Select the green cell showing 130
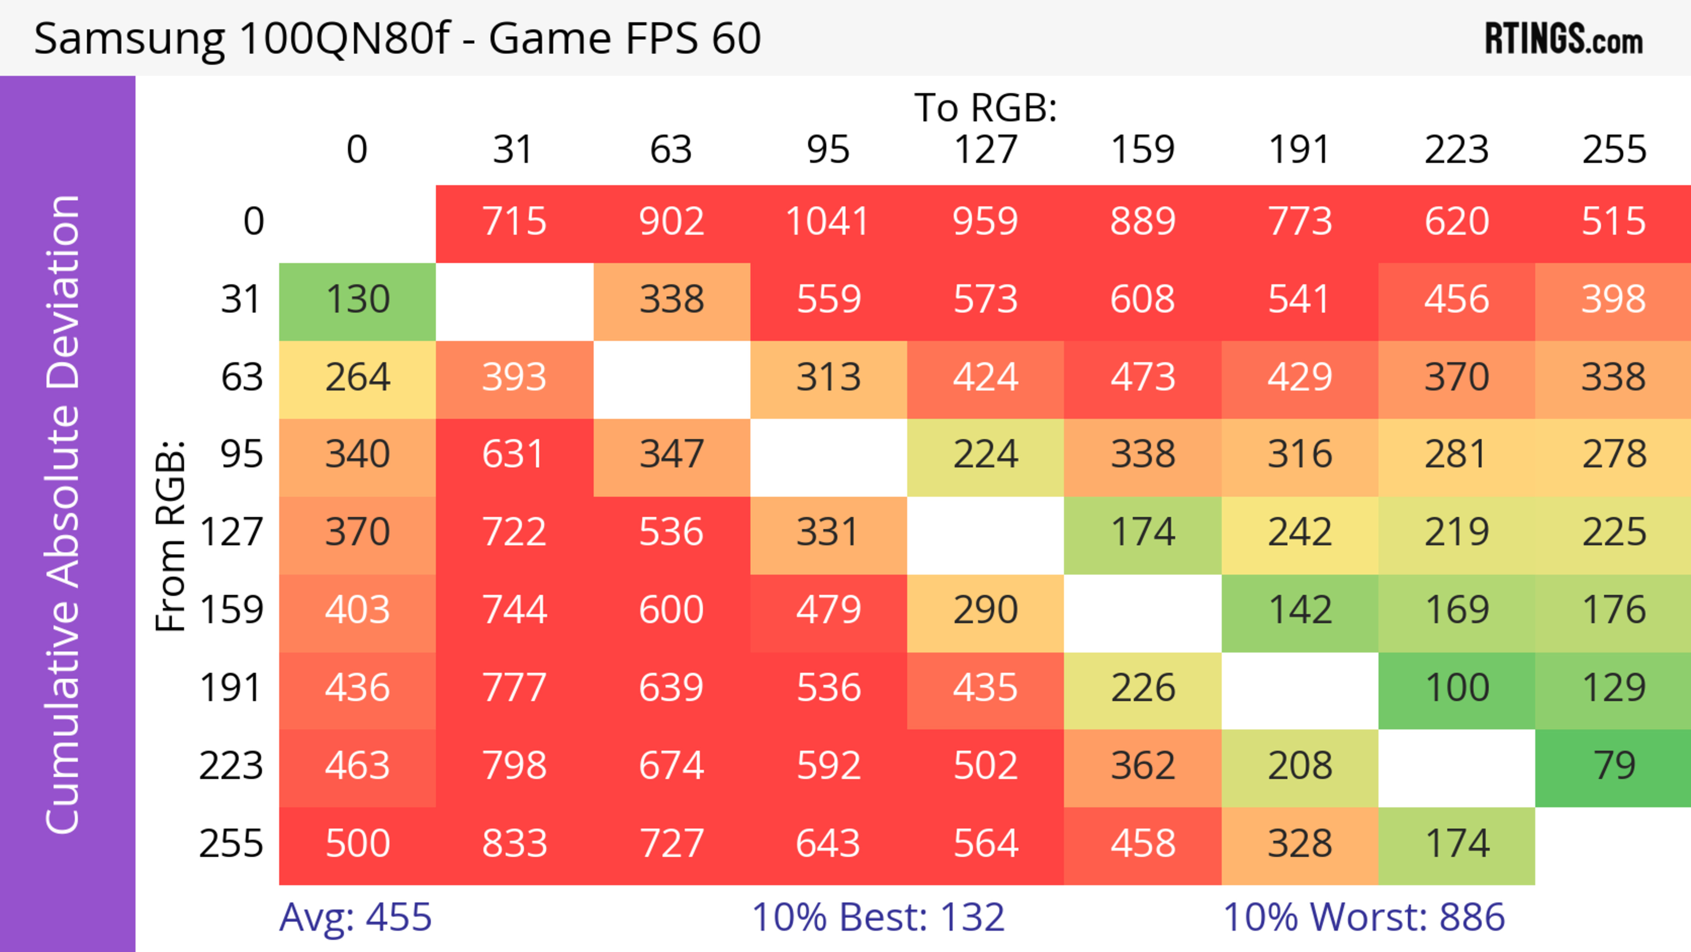(358, 300)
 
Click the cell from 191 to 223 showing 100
(1457, 688)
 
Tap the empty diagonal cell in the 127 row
(986, 533)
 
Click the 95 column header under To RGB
(828, 150)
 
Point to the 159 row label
(232, 610)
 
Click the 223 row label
(231, 766)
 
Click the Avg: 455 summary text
(355, 917)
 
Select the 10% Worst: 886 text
(1363, 917)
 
